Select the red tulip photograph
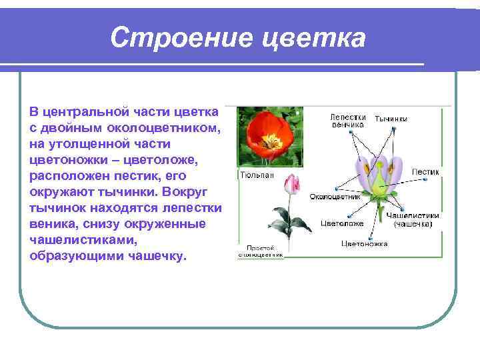tap(271, 137)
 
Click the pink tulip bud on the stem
tap(290, 184)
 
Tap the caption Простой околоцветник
tap(261, 251)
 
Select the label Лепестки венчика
tap(347, 120)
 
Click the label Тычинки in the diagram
tap(391, 119)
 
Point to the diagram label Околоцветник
tap(335, 197)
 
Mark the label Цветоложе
tap(342, 223)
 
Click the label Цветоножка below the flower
tap(364, 244)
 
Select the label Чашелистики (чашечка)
tap(413, 221)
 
